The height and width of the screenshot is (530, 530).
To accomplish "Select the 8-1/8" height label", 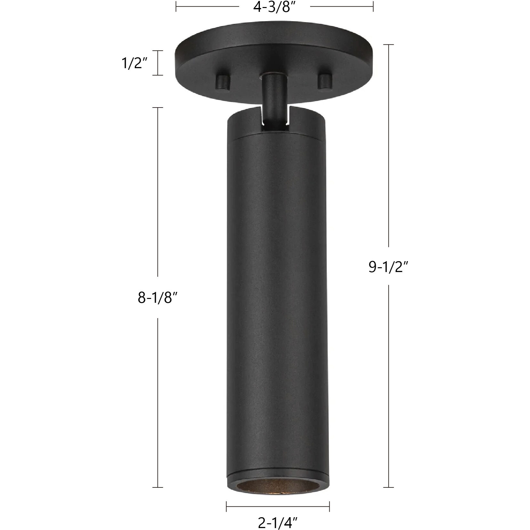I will (157, 298).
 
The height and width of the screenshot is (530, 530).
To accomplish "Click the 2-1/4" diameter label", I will (278, 523).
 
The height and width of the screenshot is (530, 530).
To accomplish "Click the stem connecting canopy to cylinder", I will (273, 96).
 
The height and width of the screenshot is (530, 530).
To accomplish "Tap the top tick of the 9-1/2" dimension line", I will (389, 45).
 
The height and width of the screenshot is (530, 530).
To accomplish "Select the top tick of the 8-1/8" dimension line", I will (157, 108).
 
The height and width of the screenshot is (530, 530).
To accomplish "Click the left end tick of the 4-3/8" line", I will (176, 7).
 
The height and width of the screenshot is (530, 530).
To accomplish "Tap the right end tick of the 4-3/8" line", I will (373, 7).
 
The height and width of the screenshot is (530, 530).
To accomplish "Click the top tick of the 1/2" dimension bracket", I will (157, 51).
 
